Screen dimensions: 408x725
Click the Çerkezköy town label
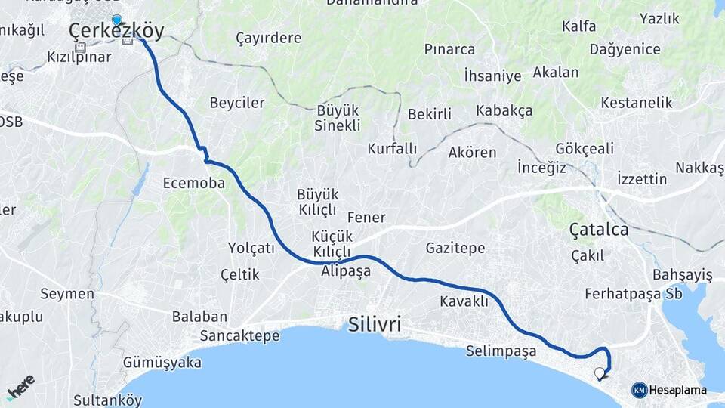tap(116, 31)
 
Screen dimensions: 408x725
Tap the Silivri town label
tap(375, 325)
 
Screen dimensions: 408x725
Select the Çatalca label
tap(599, 230)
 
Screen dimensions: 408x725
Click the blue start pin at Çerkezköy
tap(116, 20)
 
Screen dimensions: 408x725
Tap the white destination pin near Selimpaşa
tap(600, 373)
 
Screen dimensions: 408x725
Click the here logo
tap(20, 387)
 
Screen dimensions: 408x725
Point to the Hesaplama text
tap(678, 390)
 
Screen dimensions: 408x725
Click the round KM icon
tap(639, 390)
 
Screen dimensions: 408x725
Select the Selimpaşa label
tap(501, 351)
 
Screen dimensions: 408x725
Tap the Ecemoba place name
tap(194, 183)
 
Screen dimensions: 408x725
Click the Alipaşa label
tap(346, 271)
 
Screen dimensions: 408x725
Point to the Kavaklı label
tap(464, 301)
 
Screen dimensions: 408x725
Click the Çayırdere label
tap(268, 38)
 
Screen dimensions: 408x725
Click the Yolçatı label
tap(251, 248)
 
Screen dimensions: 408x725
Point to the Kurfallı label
tap(392, 148)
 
